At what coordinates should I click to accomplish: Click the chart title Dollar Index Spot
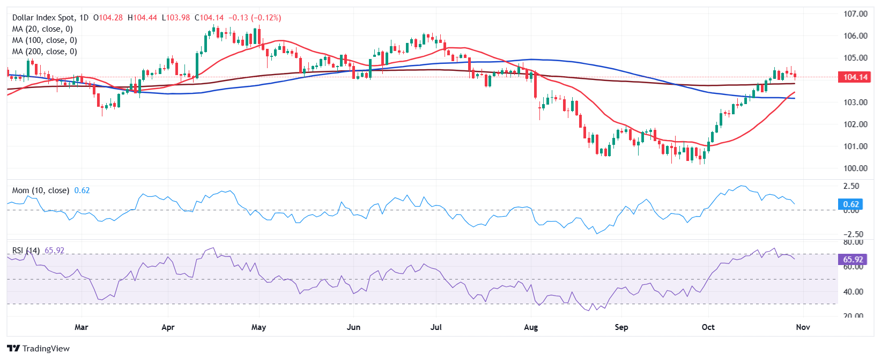pyautogui.click(x=50, y=18)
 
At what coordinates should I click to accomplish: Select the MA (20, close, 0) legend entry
pyautogui.click(x=42, y=29)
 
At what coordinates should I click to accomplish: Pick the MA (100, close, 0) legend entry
pyautogui.click(x=45, y=40)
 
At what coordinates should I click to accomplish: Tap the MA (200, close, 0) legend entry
pyautogui.click(x=45, y=52)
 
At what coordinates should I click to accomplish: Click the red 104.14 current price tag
pyautogui.click(x=855, y=77)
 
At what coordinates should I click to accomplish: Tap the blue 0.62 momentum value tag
pyautogui.click(x=851, y=204)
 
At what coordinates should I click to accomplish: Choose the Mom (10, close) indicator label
pyautogui.click(x=41, y=190)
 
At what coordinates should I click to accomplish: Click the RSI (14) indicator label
pyautogui.click(x=26, y=251)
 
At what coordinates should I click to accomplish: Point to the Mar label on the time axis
pyautogui.click(x=82, y=327)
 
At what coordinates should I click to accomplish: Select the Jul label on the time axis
pyautogui.click(x=436, y=327)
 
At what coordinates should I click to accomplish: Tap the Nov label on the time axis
pyautogui.click(x=803, y=327)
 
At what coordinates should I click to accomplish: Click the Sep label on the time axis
pyautogui.click(x=621, y=327)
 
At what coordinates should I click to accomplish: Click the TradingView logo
pyautogui.click(x=39, y=349)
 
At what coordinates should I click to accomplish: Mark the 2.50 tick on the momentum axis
pyautogui.click(x=852, y=186)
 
